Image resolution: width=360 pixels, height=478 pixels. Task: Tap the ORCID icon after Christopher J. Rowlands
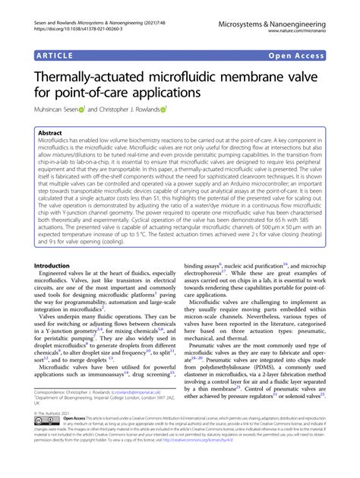[x=163, y=111]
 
